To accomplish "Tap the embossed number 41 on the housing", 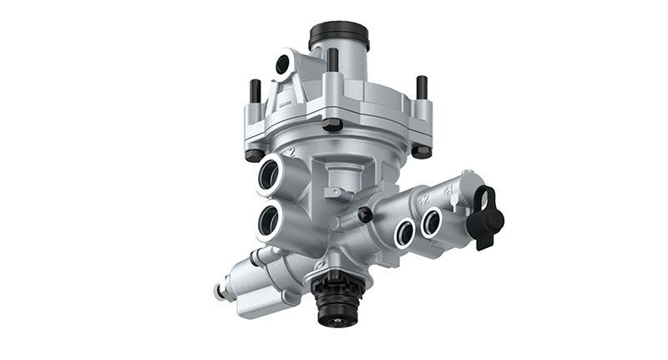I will [448, 190].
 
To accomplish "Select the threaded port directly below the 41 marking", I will [432, 222].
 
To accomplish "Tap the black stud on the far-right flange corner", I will [422, 87].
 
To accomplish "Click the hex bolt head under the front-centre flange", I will [332, 125].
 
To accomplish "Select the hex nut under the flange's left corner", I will [254, 154].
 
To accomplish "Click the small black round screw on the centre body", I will [364, 215].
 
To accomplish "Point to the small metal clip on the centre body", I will [336, 194].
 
